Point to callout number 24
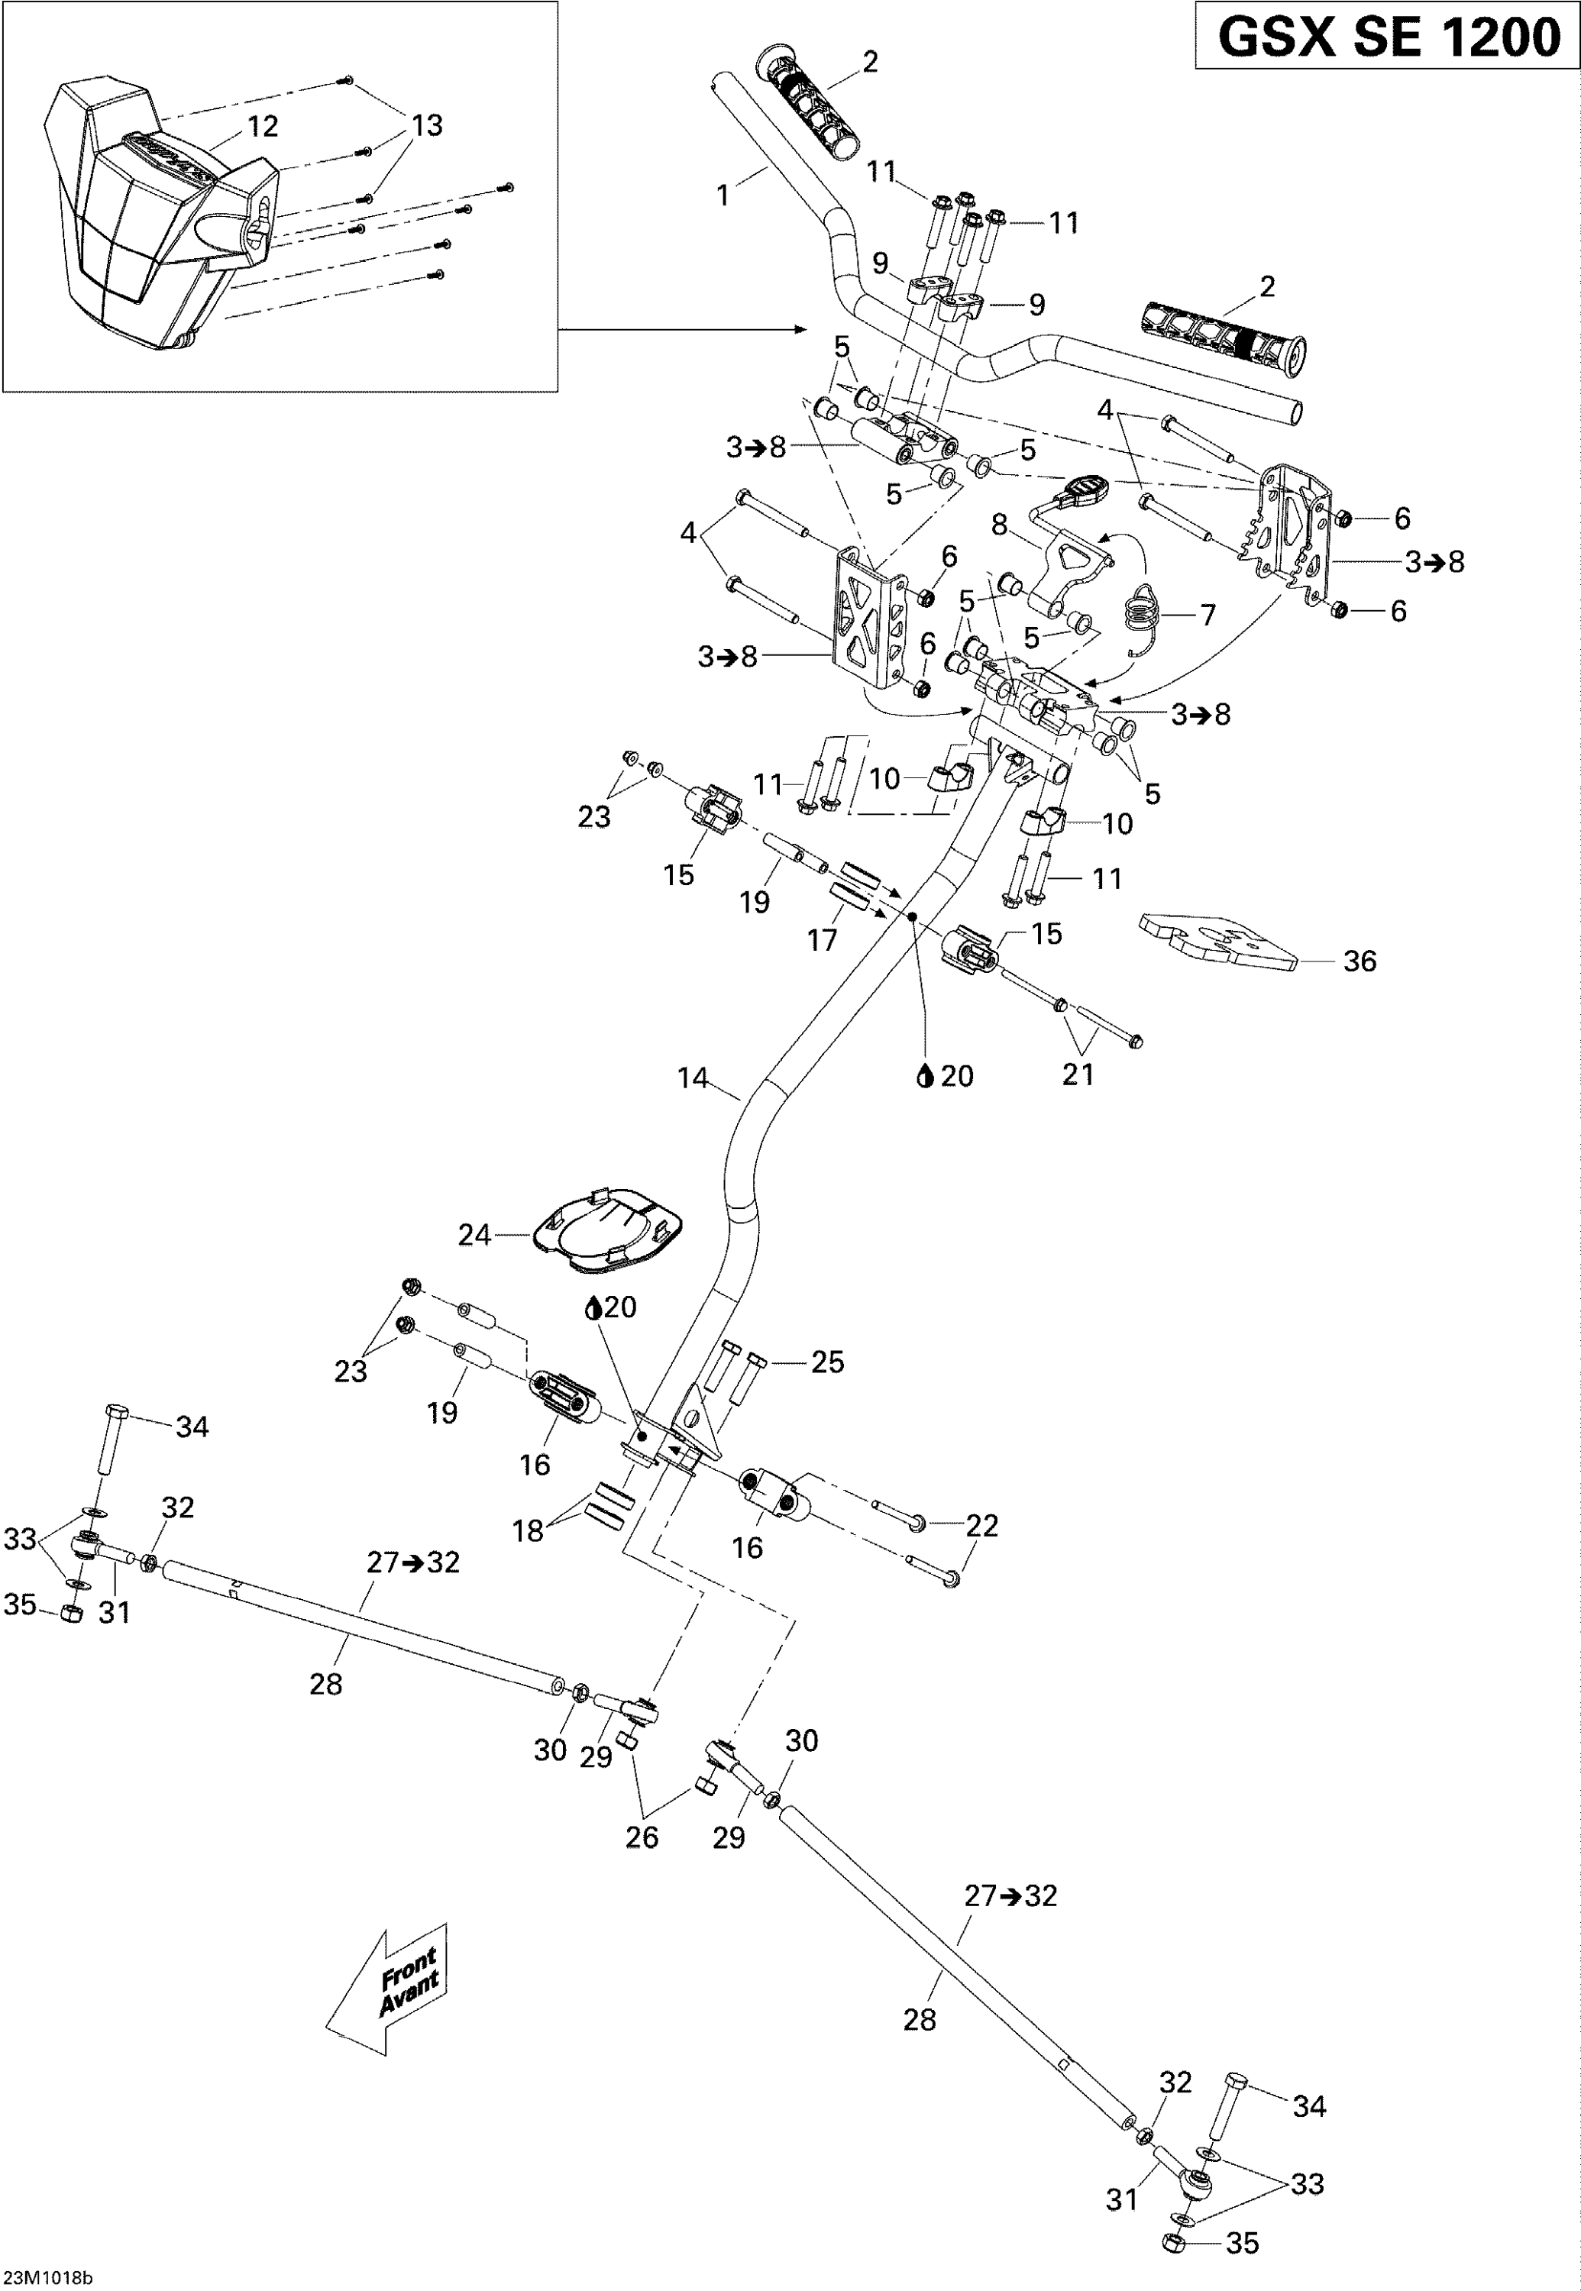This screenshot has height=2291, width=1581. (474, 1235)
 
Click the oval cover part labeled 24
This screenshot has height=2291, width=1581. (608, 1227)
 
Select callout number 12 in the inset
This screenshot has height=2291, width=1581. (263, 126)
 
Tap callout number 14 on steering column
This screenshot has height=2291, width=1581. (693, 1077)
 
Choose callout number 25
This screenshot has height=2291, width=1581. (827, 1362)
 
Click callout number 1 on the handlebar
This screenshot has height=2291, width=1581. (723, 195)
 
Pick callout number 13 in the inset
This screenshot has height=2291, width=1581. (427, 126)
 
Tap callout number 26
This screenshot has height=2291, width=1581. (642, 1837)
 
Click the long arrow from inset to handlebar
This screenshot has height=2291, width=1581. (684, 329)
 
